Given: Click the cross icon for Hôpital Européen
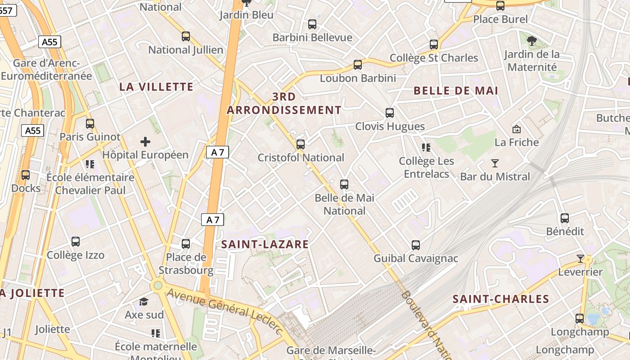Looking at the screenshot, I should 145,142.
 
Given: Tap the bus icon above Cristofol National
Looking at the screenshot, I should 300,144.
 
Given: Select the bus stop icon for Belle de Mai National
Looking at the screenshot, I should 344,184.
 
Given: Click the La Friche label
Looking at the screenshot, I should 517,143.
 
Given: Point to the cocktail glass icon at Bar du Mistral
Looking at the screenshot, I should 495,163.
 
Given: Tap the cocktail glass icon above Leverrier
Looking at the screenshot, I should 580,259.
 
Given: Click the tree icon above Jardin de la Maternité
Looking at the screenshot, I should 532,41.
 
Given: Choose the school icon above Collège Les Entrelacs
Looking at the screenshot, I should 426,148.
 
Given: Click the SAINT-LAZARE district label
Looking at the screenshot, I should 265,244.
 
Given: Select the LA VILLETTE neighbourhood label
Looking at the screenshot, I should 156,87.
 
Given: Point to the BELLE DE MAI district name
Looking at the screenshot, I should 455,90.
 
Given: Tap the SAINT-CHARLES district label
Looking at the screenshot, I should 500,299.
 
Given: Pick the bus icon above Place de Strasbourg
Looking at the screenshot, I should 185,244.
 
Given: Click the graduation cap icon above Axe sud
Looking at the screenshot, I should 144,301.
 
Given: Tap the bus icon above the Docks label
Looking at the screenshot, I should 26,175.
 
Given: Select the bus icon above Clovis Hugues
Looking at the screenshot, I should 390,113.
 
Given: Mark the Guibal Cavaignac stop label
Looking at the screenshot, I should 416,259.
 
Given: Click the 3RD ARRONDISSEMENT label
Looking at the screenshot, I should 284,103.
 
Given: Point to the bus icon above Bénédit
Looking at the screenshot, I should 565,218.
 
